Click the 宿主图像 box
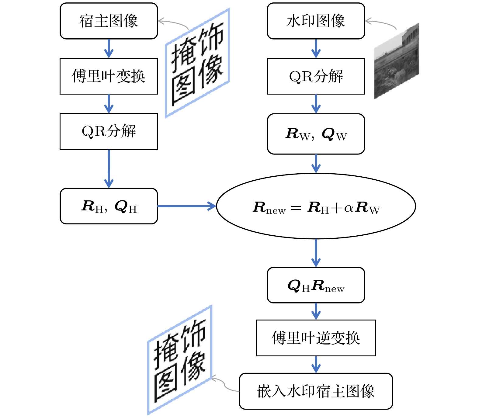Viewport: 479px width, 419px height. click(x=109, y=21)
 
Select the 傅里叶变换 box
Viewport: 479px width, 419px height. click(x=109, y=76)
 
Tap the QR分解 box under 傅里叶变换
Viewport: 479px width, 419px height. click(x=109, y=131)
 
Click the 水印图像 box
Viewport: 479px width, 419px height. click(x=316, y=21)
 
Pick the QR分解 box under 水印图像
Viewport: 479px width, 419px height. click(x=316, y=76)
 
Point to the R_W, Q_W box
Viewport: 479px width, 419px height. click(x=316, y=134)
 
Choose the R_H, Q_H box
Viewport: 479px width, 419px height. click(x=109, y=206)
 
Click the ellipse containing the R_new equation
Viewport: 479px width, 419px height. click(x=316, y=206)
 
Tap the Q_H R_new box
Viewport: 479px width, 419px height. click(x=316, y=285)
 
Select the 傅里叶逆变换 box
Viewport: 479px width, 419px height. click(x=316, y=338)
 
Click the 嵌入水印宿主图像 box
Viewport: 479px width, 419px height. click(x=316, y=391)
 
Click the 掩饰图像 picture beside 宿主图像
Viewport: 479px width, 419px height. click(x=197, y=63)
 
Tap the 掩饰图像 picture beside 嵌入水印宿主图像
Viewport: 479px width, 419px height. click(x=179, y=360)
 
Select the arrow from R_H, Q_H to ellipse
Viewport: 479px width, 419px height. click(x=186, y=206)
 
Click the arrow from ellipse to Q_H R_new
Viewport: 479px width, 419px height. click(x=316, y=253)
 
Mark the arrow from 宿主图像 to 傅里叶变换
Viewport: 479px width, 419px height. click(x=109, y=48)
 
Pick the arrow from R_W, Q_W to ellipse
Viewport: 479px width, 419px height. click(x=316, y=164)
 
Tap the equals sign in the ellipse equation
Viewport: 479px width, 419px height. click(x=296, y=208)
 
